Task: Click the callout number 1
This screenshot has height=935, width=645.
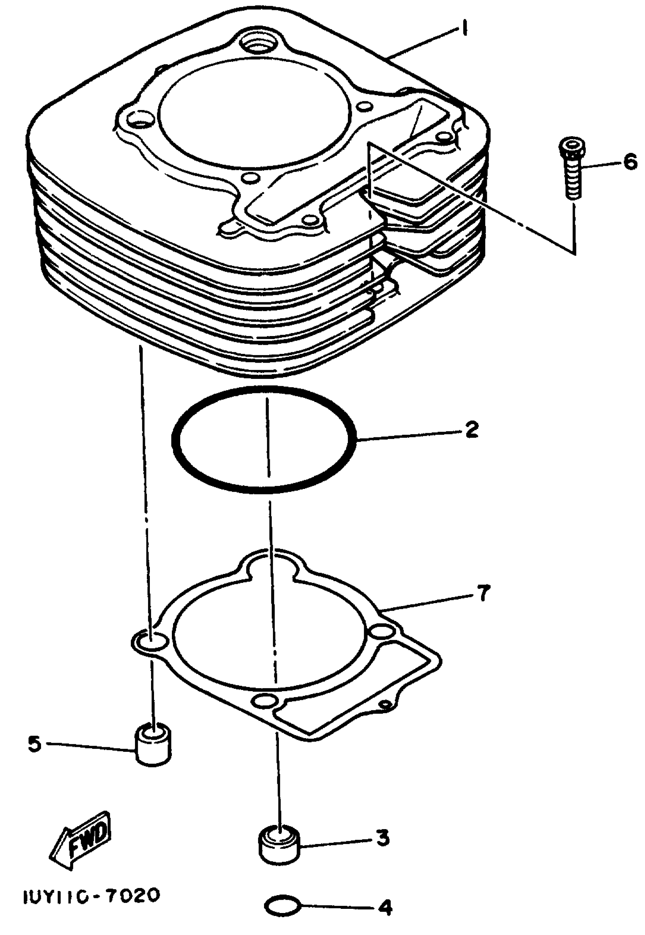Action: coord(465,29)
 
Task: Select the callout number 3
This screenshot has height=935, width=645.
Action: coord(382,838)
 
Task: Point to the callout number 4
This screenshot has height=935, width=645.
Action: coord(385,908)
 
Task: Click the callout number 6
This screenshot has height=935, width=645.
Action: coord(630,163)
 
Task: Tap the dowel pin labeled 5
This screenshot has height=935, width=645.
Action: coord(153,744)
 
